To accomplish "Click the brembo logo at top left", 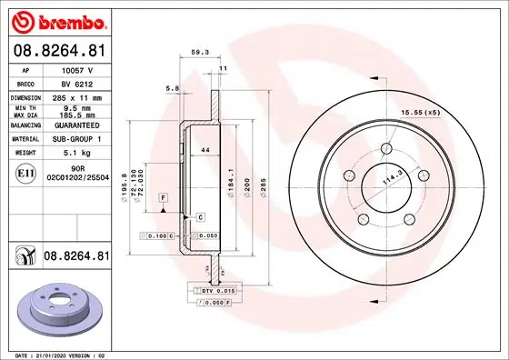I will point(56,20).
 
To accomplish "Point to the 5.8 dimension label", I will point(171,88).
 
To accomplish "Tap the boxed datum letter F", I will point(163,196).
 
